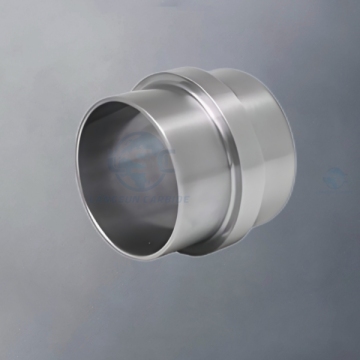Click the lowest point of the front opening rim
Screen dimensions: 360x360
tap(140, 249)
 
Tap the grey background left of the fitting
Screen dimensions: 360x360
tap(35, 180)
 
